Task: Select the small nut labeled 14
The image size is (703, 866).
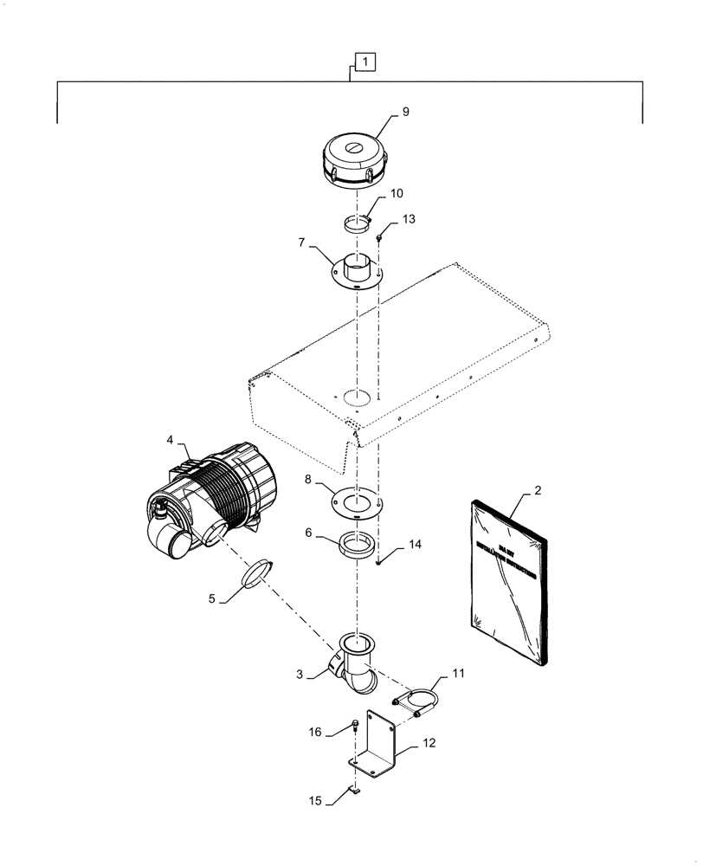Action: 379,561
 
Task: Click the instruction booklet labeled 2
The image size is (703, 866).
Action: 509,589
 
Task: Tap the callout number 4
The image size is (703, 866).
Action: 170,441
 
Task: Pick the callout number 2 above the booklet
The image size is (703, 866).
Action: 538,491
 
